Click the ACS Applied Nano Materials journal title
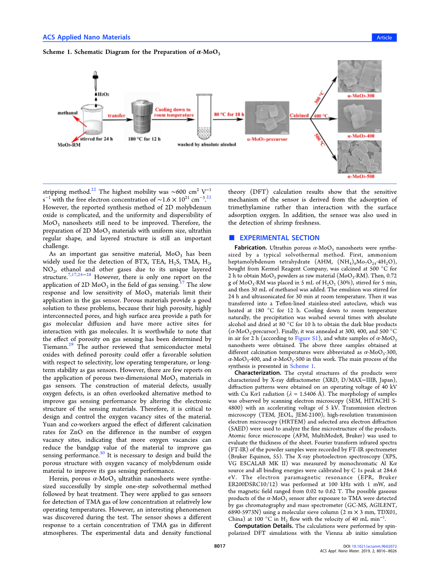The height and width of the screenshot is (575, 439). point(86,37)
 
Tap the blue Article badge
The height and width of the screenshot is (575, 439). point(384,37)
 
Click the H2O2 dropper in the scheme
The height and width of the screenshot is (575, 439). point(95,81)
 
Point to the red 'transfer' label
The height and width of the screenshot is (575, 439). point(116,116)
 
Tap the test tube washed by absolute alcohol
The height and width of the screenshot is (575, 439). point(204,117)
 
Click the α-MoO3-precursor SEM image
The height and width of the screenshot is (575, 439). point(267,118)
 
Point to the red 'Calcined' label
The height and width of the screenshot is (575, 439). point(299,116)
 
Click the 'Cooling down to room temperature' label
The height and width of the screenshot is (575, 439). point(174,112)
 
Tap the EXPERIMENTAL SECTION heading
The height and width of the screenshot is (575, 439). point(279,238)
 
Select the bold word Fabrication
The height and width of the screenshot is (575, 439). point(250,248)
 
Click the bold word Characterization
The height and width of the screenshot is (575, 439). point(257,373)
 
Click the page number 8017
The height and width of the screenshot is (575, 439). point(219,546)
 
